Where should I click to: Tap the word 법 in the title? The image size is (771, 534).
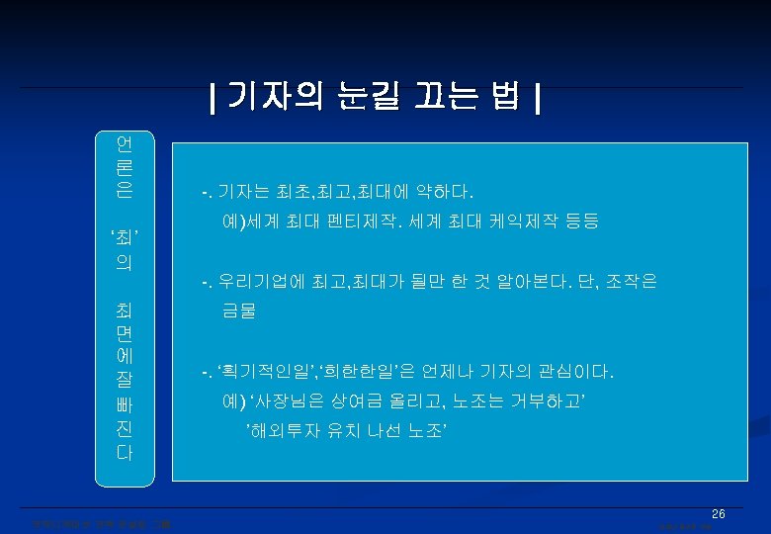(x=507, y=98)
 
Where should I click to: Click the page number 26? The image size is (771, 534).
(x=719, y=514)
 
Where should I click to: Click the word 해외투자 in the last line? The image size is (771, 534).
(x=282, y=429)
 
